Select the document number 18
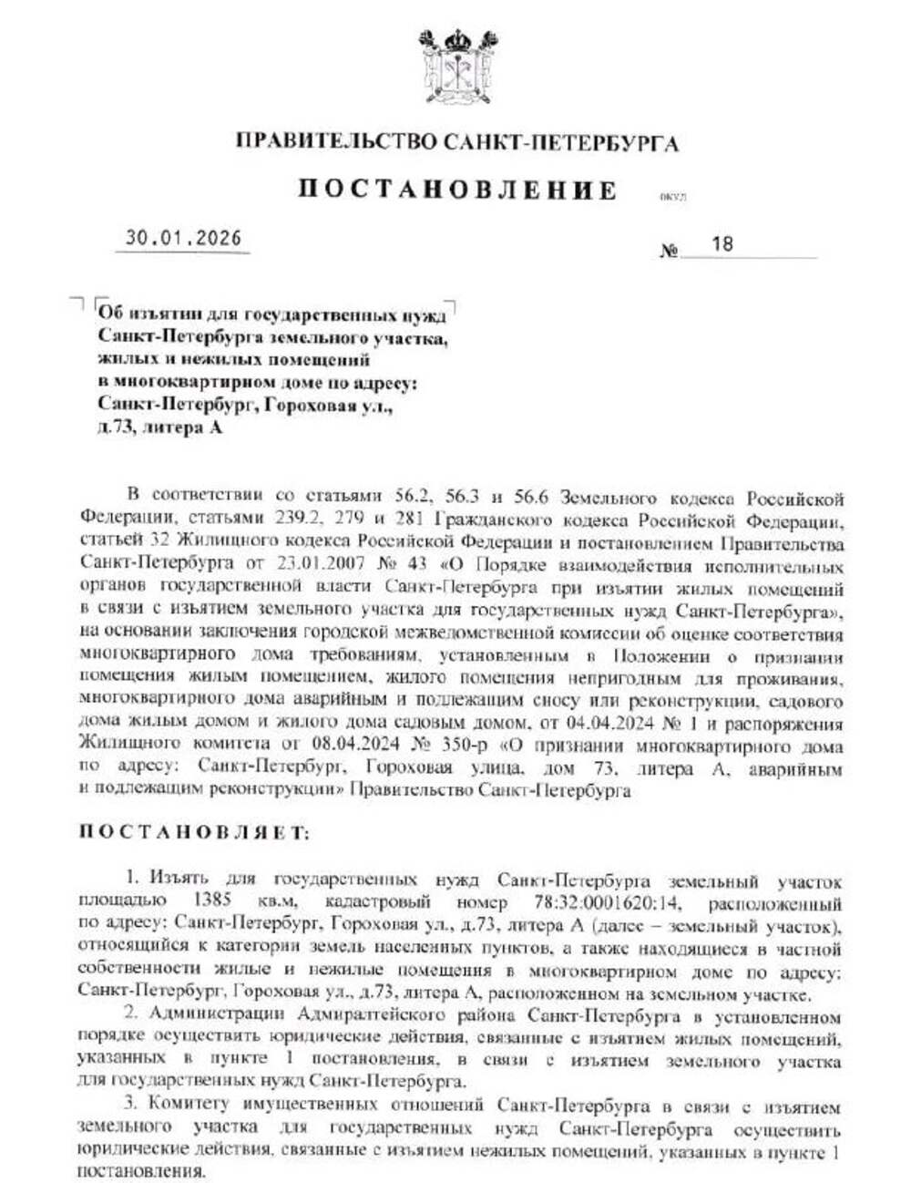pyautogui.click(x=722, y=244)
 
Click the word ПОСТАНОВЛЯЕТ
pyautogui.click(x=194, y=832)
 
